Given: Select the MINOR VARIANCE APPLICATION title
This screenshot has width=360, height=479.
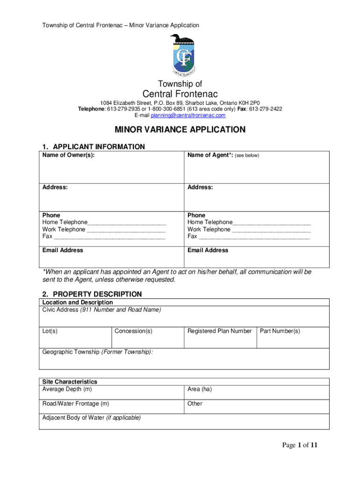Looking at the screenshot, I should click(x=180, y=130).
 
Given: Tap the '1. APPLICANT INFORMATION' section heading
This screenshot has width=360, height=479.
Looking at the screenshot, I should click(x=94, y=147).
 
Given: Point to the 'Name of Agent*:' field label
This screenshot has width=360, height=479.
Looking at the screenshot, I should click(x=210, y=155).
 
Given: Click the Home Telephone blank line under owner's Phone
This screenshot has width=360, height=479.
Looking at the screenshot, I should click(x=127, y=223).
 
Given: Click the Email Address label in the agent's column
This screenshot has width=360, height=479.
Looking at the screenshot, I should click(x=208, y=250).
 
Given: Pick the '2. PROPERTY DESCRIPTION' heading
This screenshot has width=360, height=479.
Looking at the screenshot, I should click(x=92, y=294).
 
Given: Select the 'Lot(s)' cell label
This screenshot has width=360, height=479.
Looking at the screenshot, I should click(x=50, y=331).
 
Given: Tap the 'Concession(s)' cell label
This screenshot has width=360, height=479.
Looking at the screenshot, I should click(x=134, y=331).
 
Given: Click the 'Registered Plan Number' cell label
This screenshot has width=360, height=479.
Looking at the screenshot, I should click(x=219, y=331).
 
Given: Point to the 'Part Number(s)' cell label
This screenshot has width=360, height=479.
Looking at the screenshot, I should click(x=280, y=331).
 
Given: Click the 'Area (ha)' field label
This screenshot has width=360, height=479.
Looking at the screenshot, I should click(x=200, y=389).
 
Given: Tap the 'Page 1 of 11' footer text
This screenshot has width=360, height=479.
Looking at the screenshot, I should click(x=300, y=445).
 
